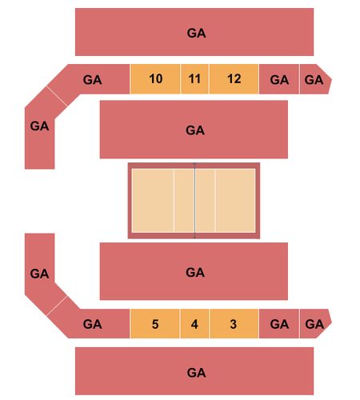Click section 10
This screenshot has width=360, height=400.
tap(155, 79)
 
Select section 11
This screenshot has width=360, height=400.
tap(194, 79)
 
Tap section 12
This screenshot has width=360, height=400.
tap(234, 79)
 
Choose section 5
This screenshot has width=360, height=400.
tap(154, 324)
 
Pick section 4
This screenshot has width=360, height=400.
tap(194, 324)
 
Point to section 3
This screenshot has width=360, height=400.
tap(234, 324)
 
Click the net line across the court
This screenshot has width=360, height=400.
tap(194, 200)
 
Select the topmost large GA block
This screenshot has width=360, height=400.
tap(194, 32)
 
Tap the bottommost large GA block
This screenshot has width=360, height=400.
tap(194, 371)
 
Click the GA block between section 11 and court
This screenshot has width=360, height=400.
tap(194, 130)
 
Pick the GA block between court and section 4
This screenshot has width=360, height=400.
tap(194, 271)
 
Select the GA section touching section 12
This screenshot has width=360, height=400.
tap(279, 79)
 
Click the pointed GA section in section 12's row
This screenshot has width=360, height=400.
tap(315, 79)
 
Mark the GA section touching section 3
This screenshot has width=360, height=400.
tap(279, 324)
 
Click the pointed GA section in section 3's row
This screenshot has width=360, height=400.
tap(315, 324)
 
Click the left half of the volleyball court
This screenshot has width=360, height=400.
tap(163, 200)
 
